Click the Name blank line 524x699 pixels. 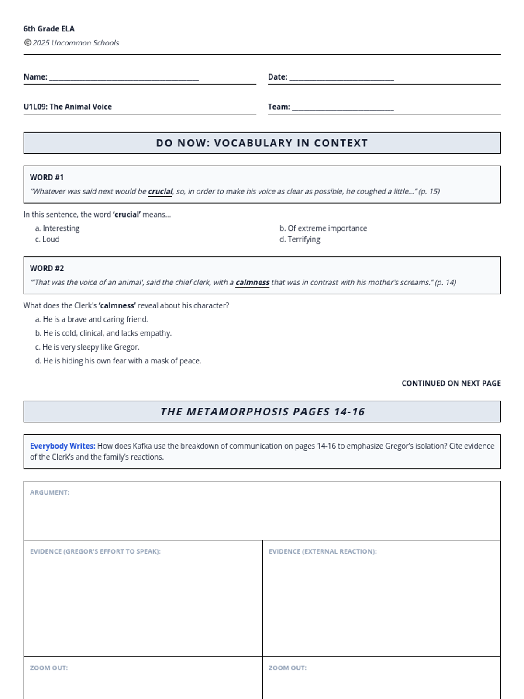(124, 79)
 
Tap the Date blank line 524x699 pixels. (341, 79)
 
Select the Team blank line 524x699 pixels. (343, 108)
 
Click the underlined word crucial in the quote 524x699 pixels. (160, 191)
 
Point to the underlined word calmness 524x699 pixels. (252, 282)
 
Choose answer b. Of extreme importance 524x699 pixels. (323, 228)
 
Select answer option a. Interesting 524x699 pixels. (57, 228)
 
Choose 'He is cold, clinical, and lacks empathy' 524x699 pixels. (103, 333)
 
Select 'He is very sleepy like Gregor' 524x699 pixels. (87, 347)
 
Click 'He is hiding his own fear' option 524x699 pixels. (118, 361)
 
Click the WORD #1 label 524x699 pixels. (47, 177)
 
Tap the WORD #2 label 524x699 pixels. (47, 268)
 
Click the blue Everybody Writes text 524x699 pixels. (62, 446)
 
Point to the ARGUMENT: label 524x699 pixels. (50, 492)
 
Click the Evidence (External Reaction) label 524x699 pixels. (323, 551)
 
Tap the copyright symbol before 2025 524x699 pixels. (28, 42)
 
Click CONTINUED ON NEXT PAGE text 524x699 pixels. (451, 383)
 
